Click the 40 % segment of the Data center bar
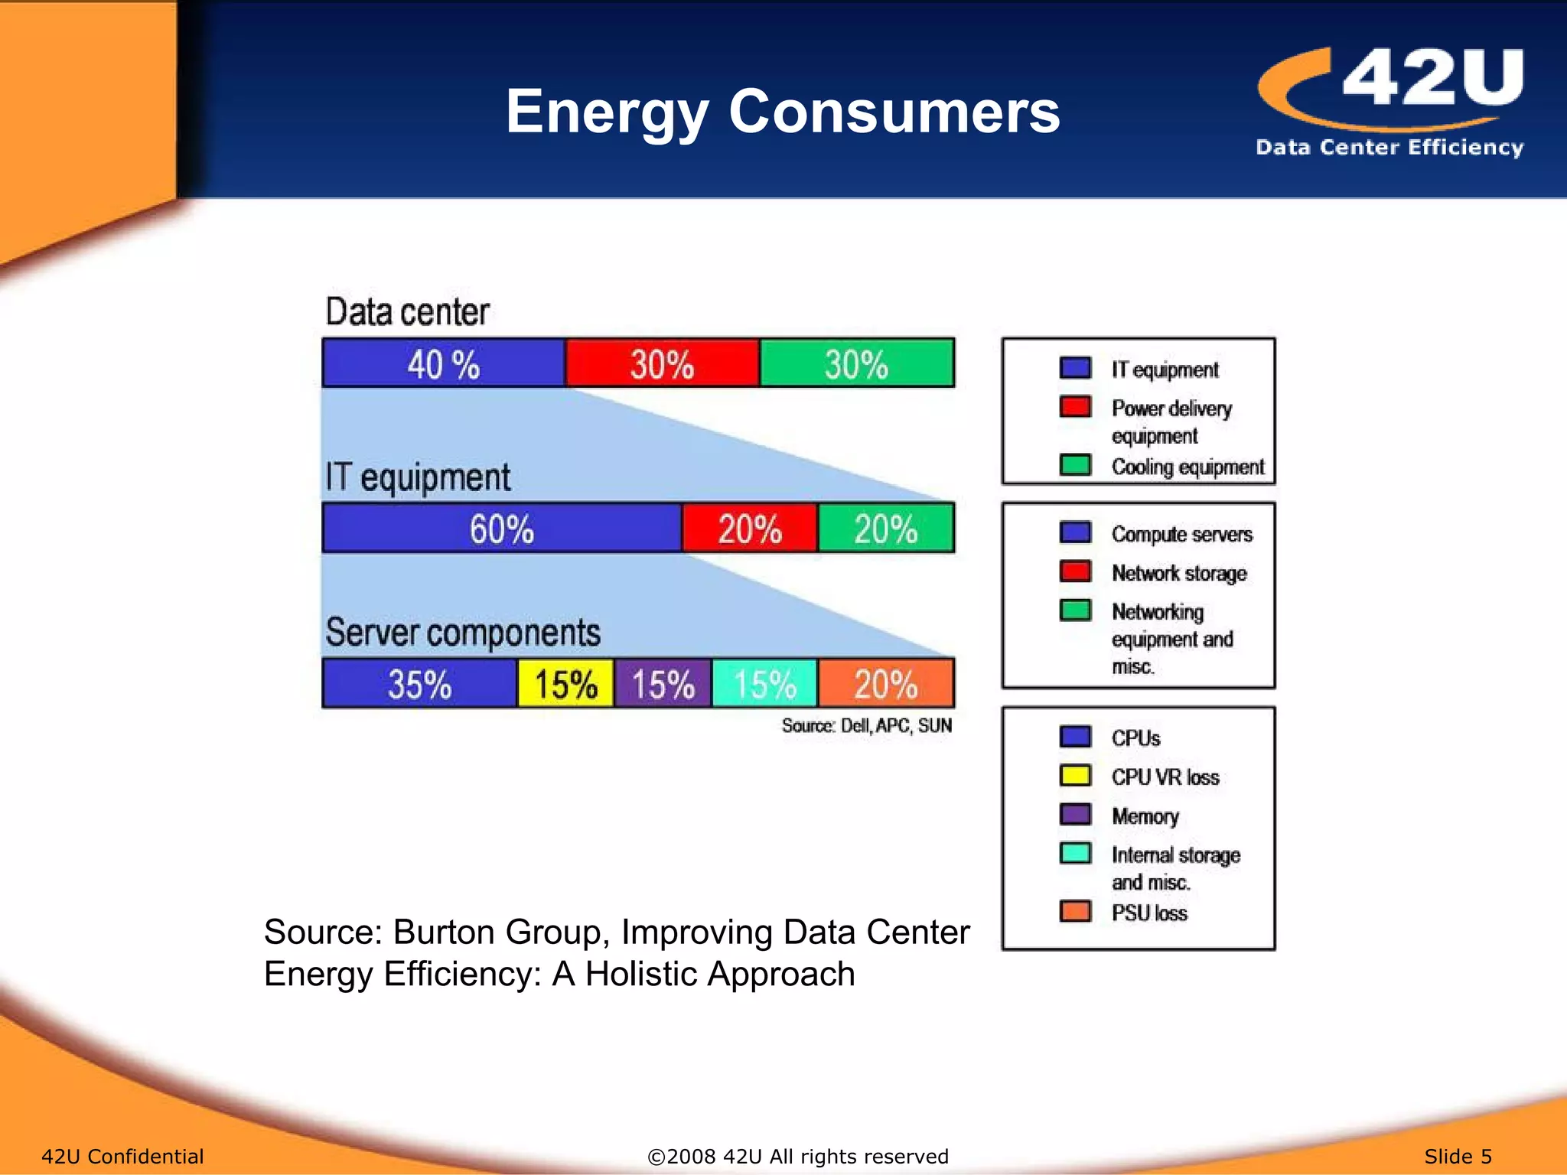[x=444, y=363]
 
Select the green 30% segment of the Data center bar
[x=857, y=363]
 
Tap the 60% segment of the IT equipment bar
[x=502, y=528]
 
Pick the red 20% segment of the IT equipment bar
[x=750, y=528]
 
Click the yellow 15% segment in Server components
[x=565, y=683]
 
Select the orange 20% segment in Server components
[x=886, y=683]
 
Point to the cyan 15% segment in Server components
[x=765, y=683]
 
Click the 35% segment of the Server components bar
[x=419, y=683]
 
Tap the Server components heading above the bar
[x=463, y=633]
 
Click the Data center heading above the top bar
[x=407, y=312]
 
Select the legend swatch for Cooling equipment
[x=1075, y=464]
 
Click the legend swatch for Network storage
[x=1075, y=571]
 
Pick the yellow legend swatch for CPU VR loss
[x=1075, y=775]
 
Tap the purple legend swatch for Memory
[x=1075, y=814]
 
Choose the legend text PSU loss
[x=1149, y=913]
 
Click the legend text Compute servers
[x=1181, y=534]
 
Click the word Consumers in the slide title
[x=894, y=112]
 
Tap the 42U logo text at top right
[x=1432, y=77]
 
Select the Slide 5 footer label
[x=1458, y=1156]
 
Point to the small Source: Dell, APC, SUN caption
[x=866, y=725]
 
